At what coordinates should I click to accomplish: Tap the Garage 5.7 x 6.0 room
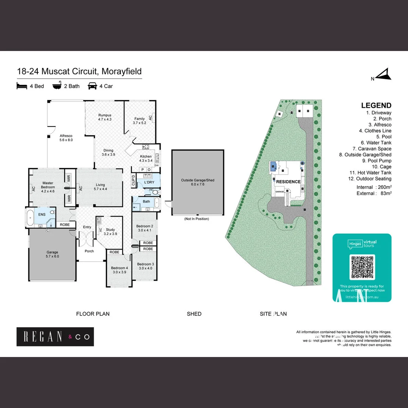pos(53,254)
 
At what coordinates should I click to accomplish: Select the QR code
pos(362,267)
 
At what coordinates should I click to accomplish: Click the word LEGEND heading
pos(376,106)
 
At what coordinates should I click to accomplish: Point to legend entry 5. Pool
pos(383,137)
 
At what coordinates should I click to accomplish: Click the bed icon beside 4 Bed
pos(22,86)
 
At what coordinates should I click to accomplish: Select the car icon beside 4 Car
pos(92,86)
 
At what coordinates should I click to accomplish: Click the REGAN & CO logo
pos(55,337)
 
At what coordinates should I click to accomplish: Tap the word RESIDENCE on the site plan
pos(288,182)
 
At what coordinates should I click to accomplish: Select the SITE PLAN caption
pos(273,314)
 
